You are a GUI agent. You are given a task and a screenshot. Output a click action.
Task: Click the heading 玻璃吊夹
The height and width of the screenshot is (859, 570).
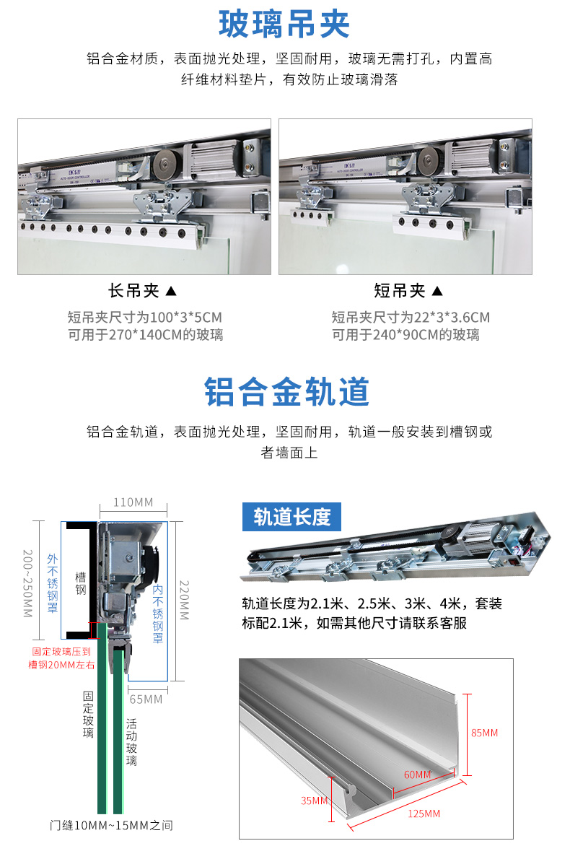coord(284,24)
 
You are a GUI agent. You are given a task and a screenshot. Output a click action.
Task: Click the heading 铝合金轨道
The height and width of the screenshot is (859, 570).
coord(286,391)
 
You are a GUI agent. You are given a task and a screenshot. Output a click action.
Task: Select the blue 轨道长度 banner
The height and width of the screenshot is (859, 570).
coord(291,517)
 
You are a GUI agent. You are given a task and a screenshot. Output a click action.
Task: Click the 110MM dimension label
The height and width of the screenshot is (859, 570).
coord(133,502)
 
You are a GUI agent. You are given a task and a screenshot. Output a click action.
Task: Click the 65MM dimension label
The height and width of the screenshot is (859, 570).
coord(146,699)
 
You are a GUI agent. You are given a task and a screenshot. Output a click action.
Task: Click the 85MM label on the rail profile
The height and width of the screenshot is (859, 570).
coord(484,733)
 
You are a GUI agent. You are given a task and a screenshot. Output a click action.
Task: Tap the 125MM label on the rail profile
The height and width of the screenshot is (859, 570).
coord(423,814)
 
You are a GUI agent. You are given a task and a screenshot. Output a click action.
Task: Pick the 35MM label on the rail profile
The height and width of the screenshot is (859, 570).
coord(314,801)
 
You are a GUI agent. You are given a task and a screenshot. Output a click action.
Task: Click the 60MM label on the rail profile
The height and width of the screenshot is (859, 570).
coord(417,775)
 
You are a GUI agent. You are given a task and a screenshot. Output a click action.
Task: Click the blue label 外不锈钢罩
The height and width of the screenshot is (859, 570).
coord(52,584)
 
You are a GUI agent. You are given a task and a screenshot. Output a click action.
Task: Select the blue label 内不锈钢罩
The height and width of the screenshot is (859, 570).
coord(158,614)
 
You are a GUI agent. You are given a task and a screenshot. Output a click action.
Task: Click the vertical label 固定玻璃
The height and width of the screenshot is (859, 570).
coord(88,715)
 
